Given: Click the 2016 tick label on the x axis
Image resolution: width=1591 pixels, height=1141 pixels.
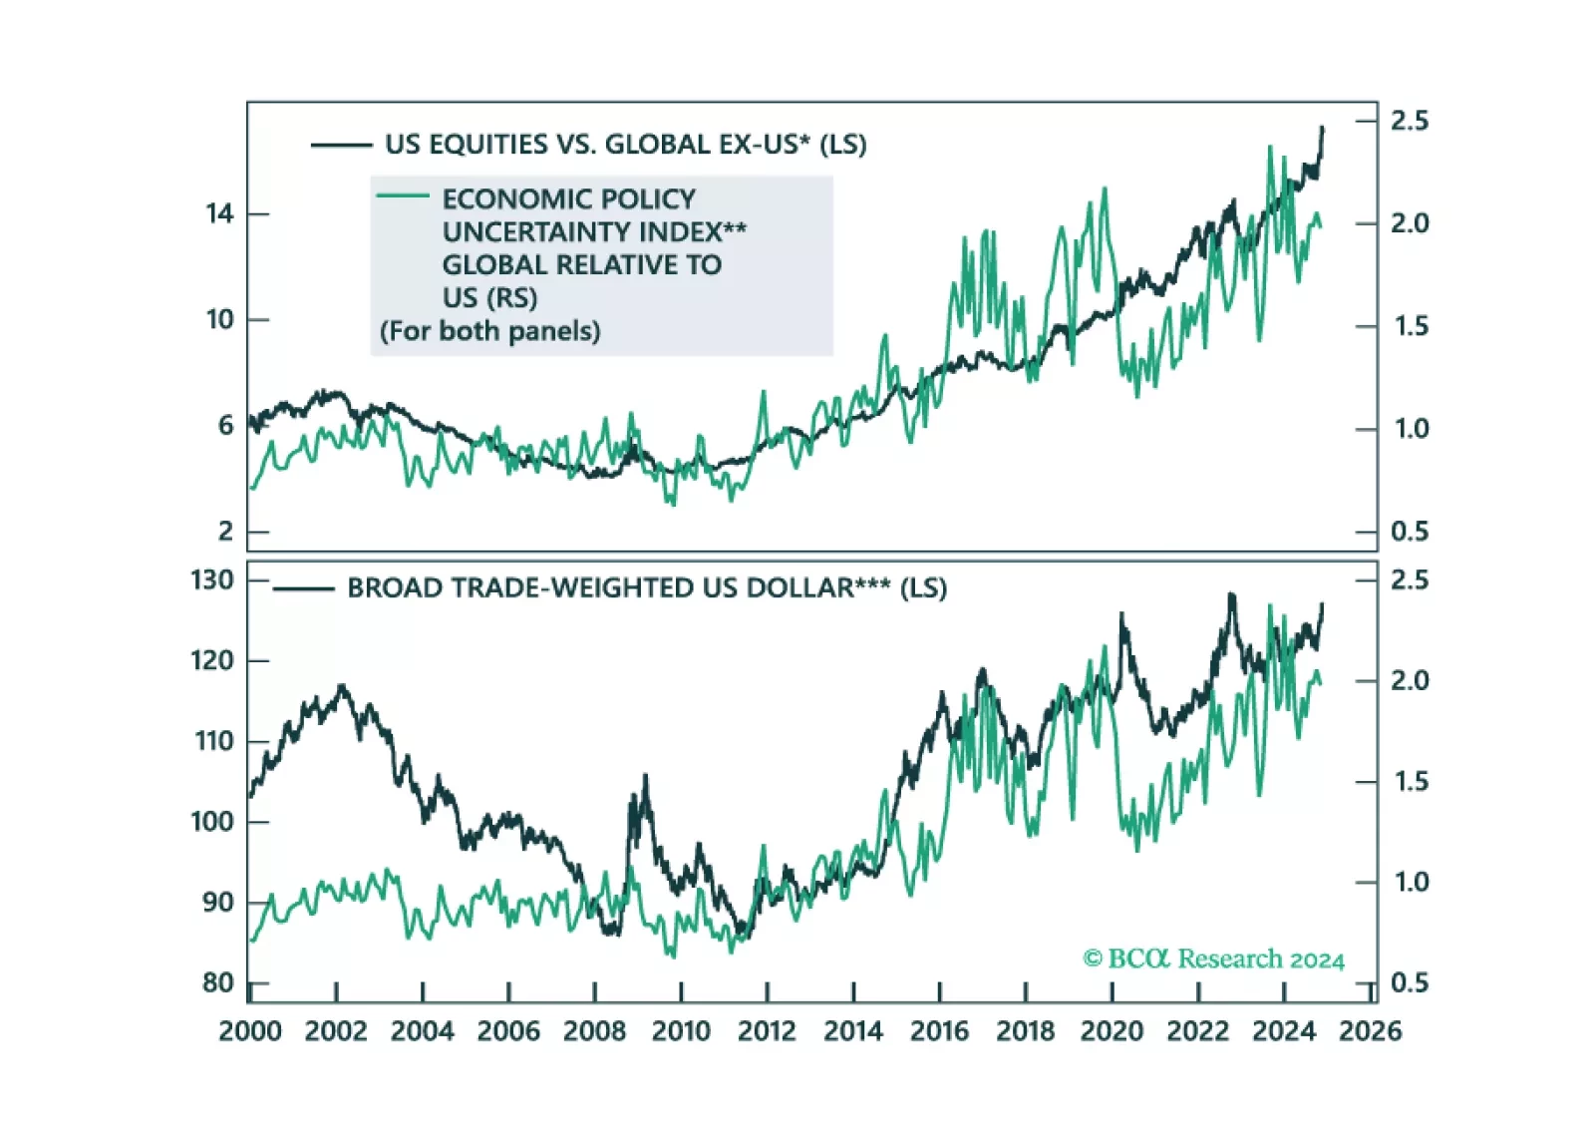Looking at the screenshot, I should [939, 1030].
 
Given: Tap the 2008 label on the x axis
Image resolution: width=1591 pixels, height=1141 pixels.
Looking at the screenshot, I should [594, 1030].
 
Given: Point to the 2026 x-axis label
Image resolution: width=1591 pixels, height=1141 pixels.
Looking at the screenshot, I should [1370, 1030].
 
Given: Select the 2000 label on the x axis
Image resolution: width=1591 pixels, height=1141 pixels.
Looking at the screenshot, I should [250, 1030].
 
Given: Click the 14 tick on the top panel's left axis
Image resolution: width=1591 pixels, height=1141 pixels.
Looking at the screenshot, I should [219, 213].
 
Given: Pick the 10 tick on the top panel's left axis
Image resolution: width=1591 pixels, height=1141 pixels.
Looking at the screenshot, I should [219, 319].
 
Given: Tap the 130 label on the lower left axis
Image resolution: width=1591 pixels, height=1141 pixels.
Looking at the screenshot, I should [211, 579].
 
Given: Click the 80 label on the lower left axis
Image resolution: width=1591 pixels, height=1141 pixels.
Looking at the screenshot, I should [217, 982].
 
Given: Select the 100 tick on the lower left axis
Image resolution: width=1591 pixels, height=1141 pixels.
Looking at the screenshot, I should [211, 822].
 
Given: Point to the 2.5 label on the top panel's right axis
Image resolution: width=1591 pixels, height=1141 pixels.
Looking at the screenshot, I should [1410, 121].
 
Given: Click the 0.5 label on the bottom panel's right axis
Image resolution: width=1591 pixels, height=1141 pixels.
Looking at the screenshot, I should [1410, 982].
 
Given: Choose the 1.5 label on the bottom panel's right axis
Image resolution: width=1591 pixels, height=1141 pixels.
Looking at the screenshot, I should [1410, 781].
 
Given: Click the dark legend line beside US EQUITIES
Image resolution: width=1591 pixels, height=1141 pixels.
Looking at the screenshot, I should [341, 146].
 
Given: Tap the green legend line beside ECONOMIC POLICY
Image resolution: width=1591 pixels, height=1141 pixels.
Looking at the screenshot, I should [403, 195].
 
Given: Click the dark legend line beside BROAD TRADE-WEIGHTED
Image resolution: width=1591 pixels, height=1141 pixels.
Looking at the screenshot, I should [303, 589].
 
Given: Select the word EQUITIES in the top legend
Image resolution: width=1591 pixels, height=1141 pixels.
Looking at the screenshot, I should [487, 145].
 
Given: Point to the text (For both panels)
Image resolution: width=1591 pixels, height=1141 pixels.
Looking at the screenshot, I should [489, 331].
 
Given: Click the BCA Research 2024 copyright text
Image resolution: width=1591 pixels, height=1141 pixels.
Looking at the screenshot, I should [1213, 958].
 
